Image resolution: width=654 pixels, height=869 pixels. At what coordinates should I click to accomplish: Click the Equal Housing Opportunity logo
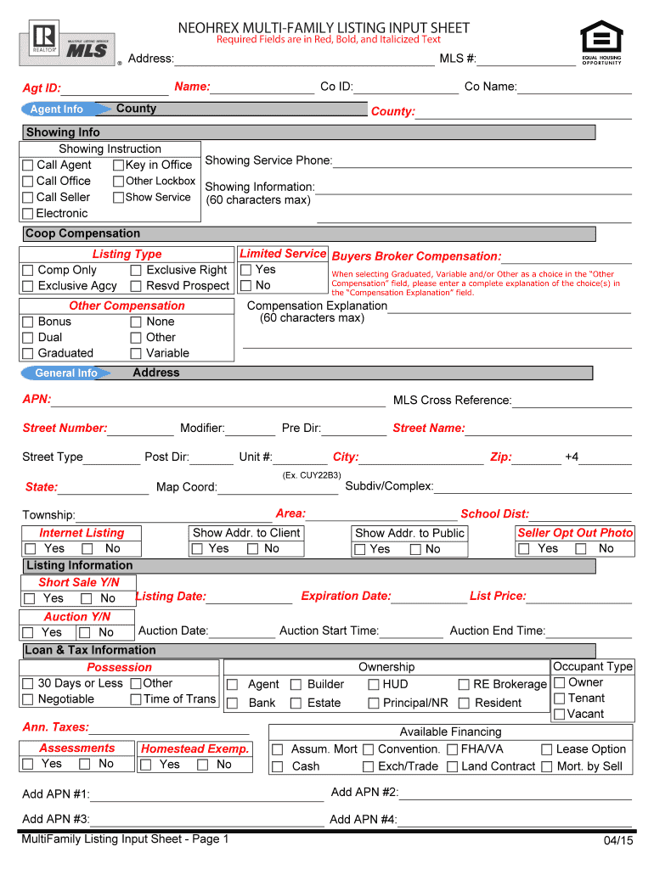pos(601,42)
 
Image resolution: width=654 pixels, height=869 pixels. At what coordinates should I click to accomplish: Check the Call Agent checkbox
pos(28,165)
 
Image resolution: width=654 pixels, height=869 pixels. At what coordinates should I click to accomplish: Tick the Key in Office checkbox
pos(119,165)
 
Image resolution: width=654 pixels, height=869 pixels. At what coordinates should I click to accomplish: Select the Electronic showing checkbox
pos(28,214)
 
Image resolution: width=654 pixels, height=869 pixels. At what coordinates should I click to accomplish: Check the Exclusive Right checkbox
pos(136,271)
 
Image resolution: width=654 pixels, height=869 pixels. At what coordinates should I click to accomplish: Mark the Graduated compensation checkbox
pos(28,354)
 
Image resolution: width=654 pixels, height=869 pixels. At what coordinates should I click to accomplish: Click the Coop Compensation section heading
pos(83,234)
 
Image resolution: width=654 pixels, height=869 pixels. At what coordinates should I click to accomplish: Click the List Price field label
pos(498,597)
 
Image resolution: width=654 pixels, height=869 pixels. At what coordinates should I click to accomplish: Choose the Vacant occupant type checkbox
pos(559,715)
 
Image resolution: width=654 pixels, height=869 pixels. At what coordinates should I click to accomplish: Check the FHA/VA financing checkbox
pos(453,750)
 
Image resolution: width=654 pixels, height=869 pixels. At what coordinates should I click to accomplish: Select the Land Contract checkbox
pos(453,767)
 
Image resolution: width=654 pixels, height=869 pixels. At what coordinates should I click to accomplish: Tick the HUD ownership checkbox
pos(374,685)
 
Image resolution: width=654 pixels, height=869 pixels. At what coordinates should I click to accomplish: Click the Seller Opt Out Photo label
pos(576,533)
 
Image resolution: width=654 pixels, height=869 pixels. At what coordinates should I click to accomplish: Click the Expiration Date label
pos(346,597)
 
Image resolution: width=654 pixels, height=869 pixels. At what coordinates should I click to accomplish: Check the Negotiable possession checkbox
pos(28,700)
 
